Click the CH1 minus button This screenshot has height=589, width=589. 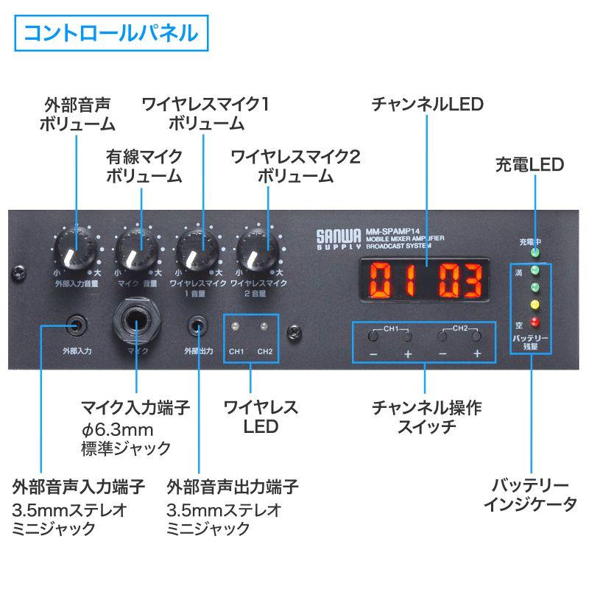[374, 336]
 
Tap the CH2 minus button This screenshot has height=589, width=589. [442, 336]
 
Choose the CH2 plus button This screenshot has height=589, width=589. [477, 336]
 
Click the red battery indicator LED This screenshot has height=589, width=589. [535, 322]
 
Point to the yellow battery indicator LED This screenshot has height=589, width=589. [535, 303]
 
